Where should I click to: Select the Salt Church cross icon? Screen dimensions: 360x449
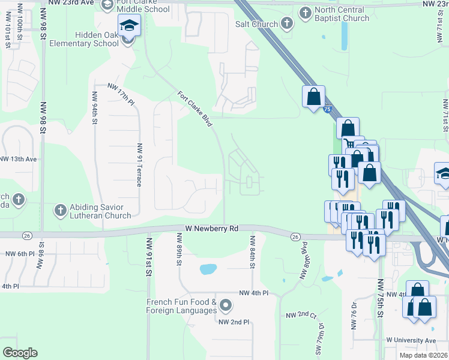click(x=286, y=24)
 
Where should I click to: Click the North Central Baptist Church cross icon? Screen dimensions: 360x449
click(x=306, y=13)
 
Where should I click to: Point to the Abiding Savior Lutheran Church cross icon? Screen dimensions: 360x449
click(x=60, y=210)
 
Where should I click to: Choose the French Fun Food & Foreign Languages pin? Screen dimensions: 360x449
click(x=226, y=306)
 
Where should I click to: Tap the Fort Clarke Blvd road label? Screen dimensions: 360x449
click(x=195, y=109)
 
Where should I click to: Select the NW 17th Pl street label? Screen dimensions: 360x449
click(x=121, y=95)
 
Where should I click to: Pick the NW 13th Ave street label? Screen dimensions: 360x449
click(x=19, y=159)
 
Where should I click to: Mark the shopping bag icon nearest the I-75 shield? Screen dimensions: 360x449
click(x=314, y=97)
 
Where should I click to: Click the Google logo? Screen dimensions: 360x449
click(x=20, y=352)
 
